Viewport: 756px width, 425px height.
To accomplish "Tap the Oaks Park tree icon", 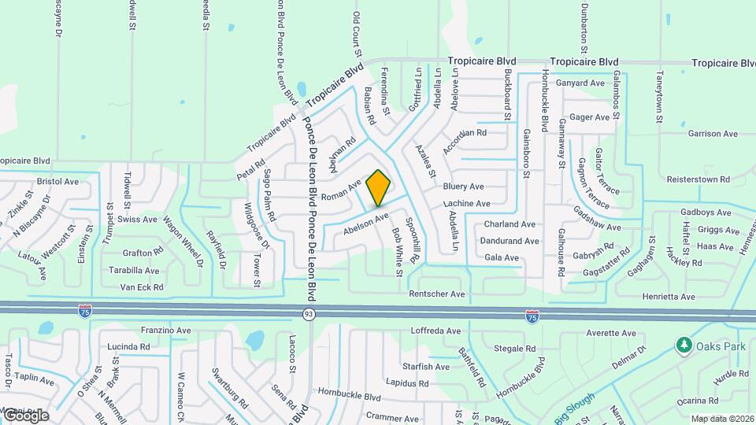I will (x=684, y=346).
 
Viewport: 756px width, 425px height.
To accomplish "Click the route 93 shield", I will (x=310, y=314).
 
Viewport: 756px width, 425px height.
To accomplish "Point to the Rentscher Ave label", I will (x=438, y=294).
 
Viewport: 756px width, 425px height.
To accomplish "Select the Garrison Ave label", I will (x=710, y=134).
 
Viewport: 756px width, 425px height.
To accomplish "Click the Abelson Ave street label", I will (x=367, y=223).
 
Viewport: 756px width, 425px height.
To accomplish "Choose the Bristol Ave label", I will (x=58, y=181).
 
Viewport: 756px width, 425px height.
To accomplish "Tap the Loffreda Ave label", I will (x=435, y=331).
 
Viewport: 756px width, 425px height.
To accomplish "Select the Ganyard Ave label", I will (x=580, y=83).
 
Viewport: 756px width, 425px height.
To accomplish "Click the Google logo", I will (x=26, y=415).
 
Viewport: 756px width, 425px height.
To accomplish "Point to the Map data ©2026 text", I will (x=721, y=419).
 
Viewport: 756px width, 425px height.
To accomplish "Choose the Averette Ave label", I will (x=610, y=334).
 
